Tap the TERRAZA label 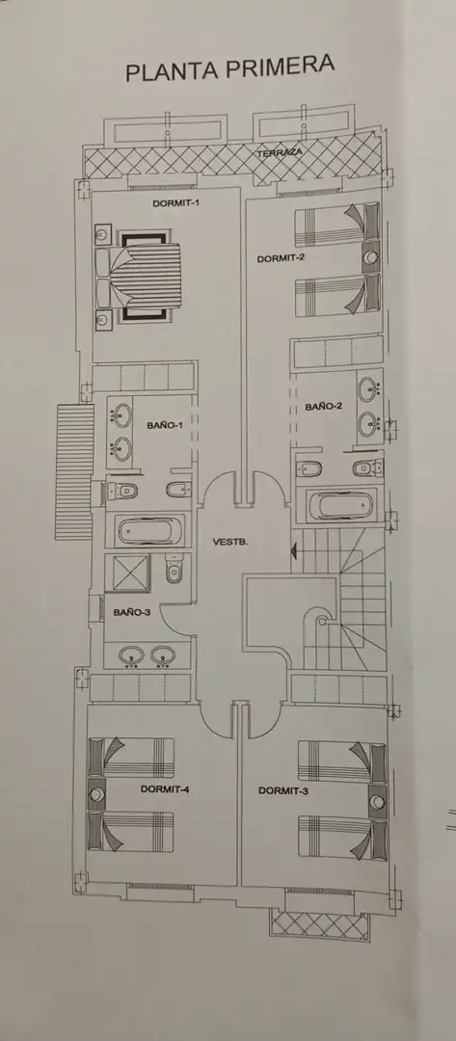pos(280,152)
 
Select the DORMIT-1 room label pos(175,203)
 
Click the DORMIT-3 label pos(282,790)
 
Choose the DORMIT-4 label pos(165,789)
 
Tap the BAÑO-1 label pos(165,425)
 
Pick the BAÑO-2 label pos(324,407)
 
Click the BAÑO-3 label pos(131,613)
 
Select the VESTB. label pos(230,542)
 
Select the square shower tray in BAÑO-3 pos(131,574)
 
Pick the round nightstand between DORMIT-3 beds pos(377,802)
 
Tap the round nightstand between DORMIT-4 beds pos(97,794)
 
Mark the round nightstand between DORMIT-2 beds pos(372,257)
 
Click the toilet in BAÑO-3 pos(174,570)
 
